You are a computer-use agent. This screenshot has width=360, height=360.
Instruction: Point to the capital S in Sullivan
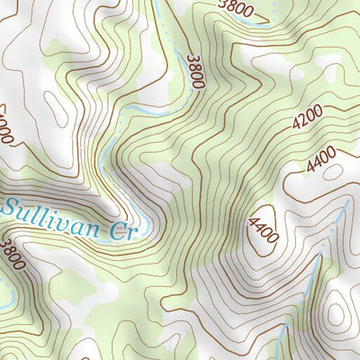click(11, 209)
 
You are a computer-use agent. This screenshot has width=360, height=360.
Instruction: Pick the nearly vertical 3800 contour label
click(196, 71)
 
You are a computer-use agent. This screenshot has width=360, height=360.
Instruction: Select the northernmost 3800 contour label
click(236, 10)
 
